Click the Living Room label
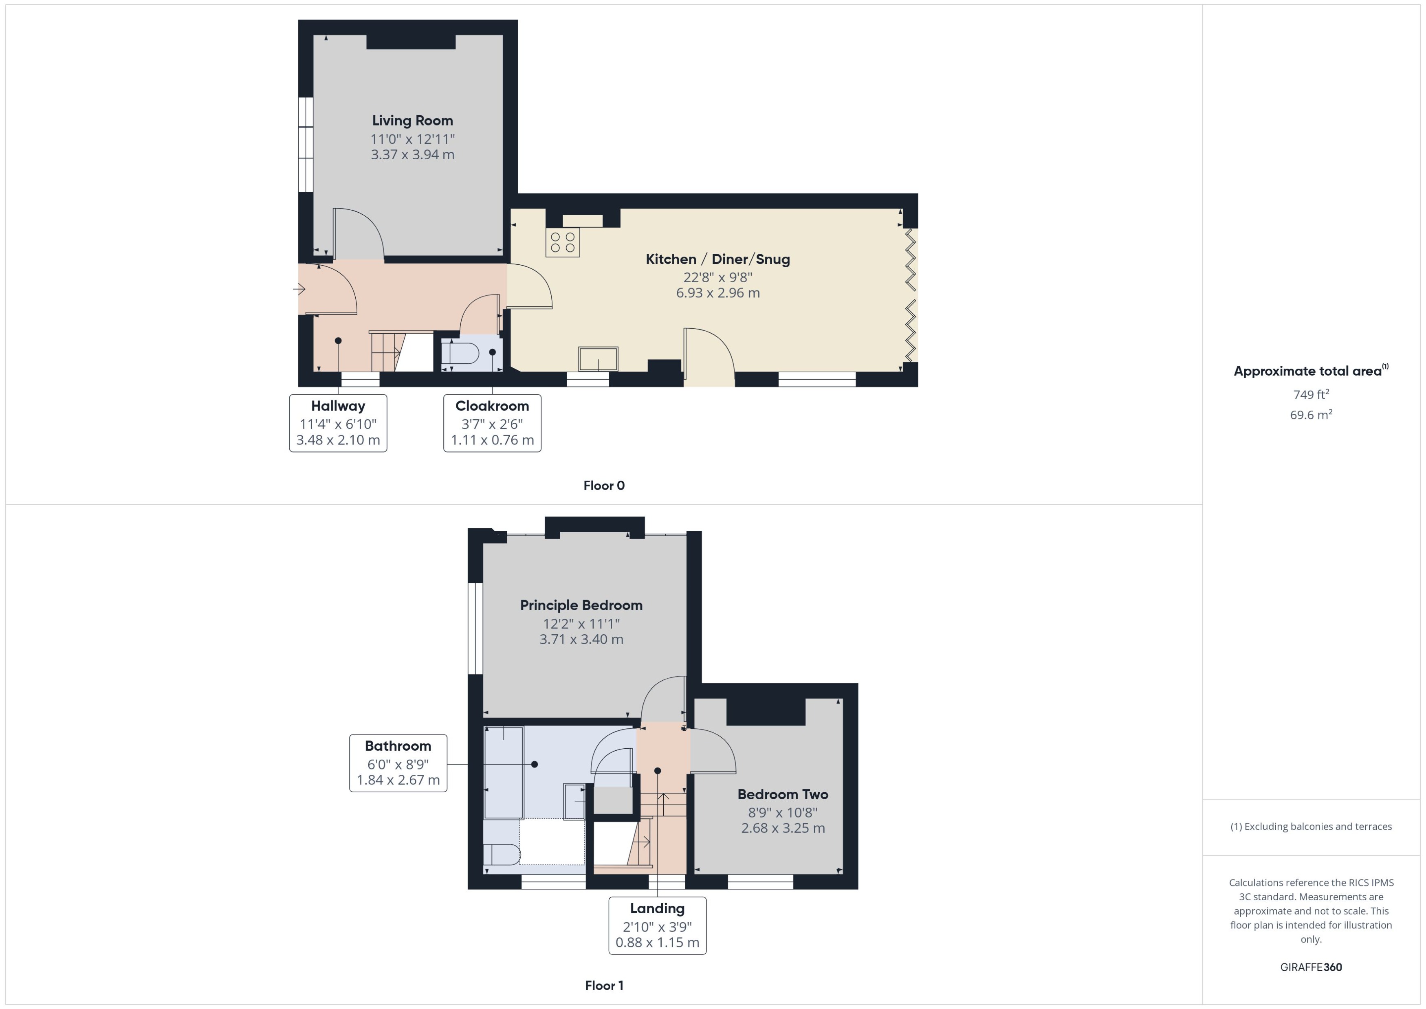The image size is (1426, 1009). [x=413, y=121]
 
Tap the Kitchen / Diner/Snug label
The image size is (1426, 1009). [x=717, y=259]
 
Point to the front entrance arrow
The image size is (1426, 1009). [x=299, y=289]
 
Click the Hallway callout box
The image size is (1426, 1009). [x=338, y=423]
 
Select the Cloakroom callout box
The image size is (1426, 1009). [x=492, y=423]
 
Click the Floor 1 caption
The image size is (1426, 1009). [x=604, y=985]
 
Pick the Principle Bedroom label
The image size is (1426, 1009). [x=581, y=605]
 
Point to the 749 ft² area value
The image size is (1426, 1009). [x=1311, y=395]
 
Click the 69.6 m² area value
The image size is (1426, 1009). [x=1311, y=414]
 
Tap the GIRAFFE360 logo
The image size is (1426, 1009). [x=1311, y=967]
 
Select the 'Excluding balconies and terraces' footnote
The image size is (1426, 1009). [x=1311, y=827]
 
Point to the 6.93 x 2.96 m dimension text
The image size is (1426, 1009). [x=717, y=292]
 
